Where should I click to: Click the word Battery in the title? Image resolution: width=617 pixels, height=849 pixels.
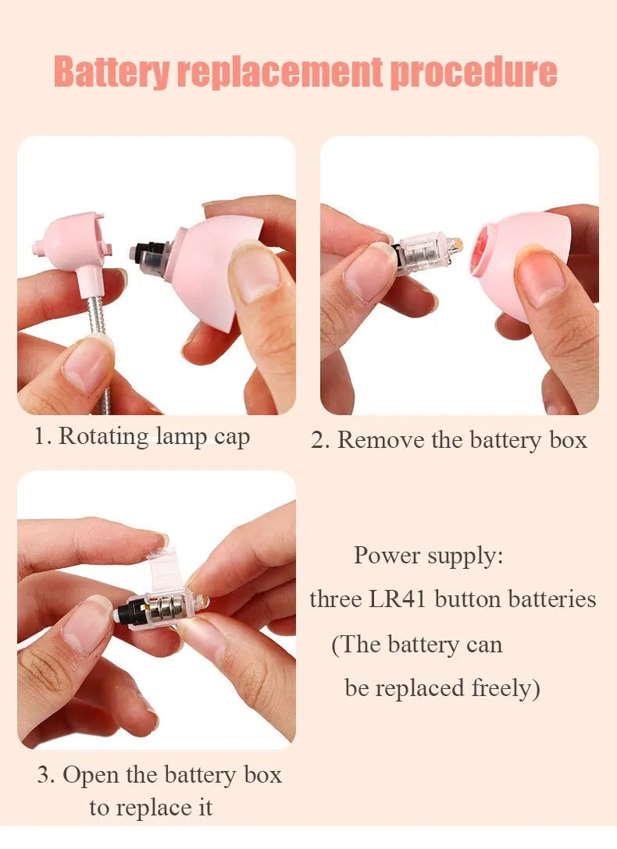112,72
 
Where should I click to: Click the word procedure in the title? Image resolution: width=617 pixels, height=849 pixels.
473,72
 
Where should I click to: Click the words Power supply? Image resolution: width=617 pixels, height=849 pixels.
429,556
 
